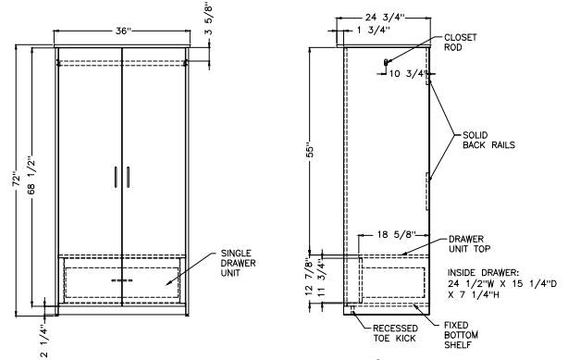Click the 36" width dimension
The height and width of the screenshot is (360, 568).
[x=123, y=31]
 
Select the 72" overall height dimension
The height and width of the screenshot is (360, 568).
[x=17, y=180]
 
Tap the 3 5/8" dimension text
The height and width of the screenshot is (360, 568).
[x=209, y=19]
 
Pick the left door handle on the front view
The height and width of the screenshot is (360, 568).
[x=116, y=177]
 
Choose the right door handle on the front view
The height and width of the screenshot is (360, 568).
[x=128, y=177]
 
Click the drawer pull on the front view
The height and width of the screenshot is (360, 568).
[x=122, y=280]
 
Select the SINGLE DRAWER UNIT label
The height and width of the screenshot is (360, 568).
[x=239, y=263]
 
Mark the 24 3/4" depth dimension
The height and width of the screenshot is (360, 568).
[x=384, y=18]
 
